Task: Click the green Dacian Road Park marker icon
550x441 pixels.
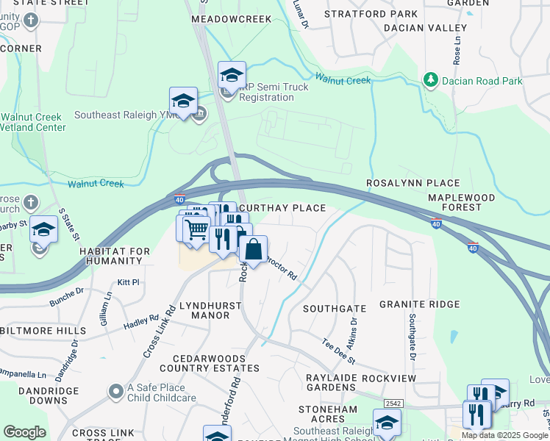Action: click(x=430, y=79)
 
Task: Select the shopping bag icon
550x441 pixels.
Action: click(x=253, y=249)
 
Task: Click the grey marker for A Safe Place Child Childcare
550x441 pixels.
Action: click(x=115, y=391)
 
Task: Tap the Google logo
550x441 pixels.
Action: click(x=24, y=432)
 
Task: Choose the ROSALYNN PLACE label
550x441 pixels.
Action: click(x=413, y=183)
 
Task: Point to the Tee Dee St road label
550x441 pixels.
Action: click(x=339, y=351)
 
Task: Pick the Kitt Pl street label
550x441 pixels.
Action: click(x=128, y=282)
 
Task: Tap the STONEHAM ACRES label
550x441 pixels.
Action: click(x=328, y=413)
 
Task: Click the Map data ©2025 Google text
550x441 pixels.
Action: click(x=504, y=435)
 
